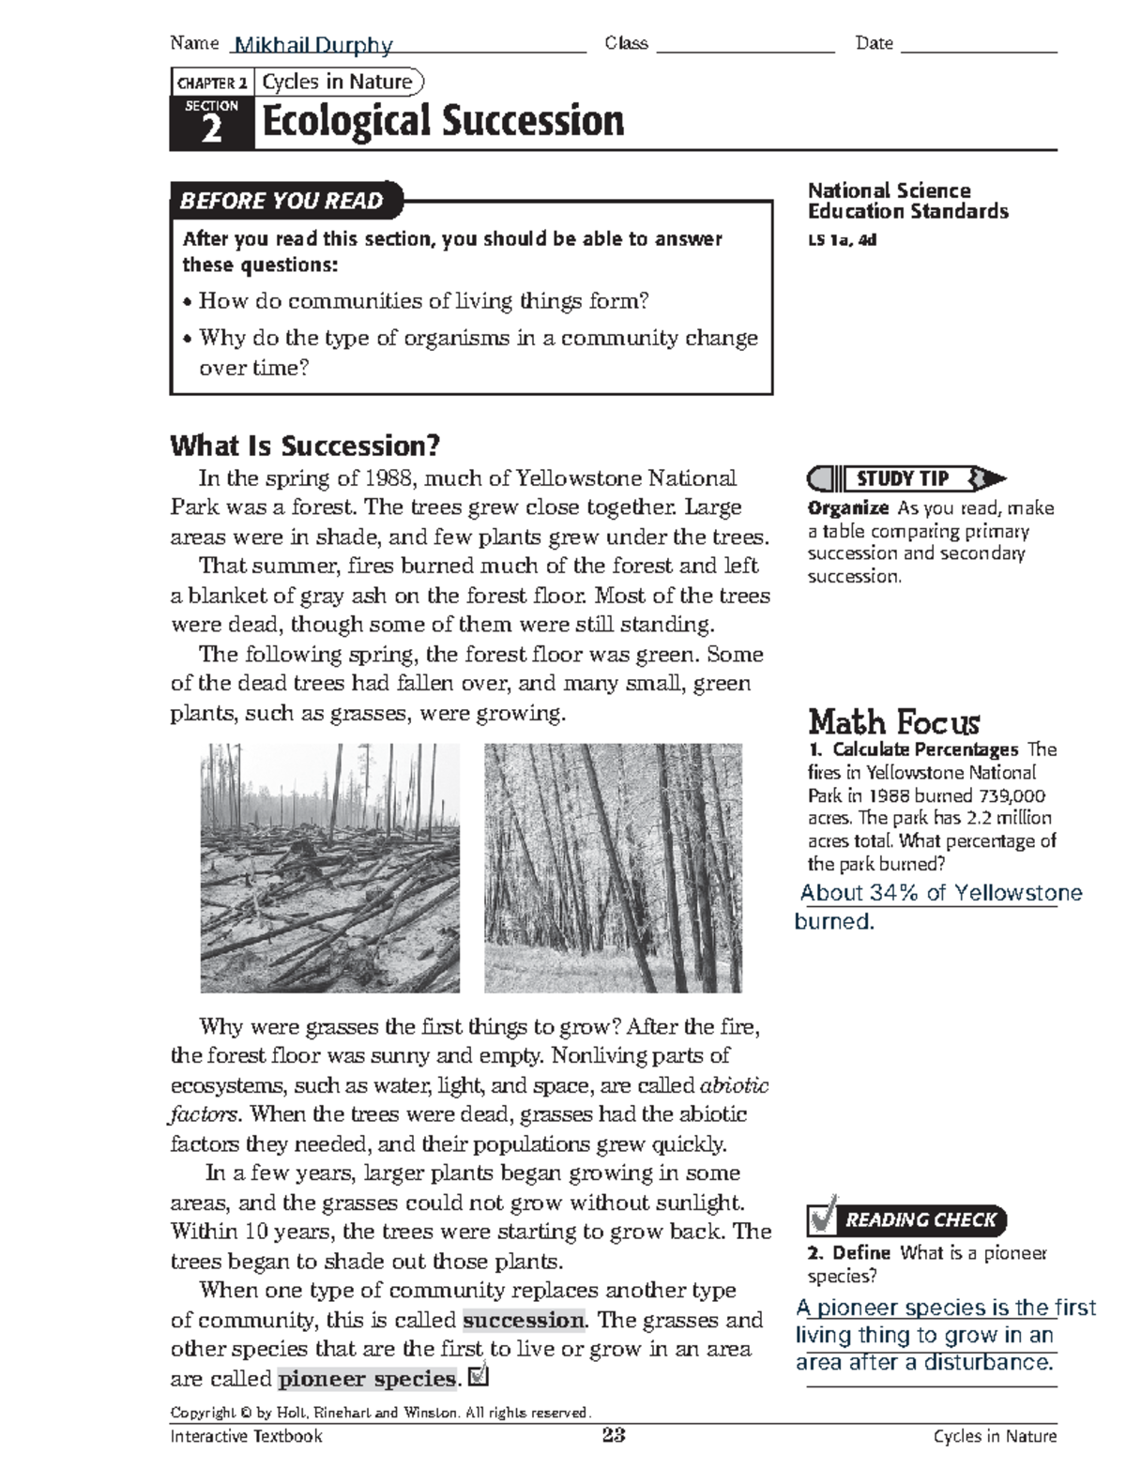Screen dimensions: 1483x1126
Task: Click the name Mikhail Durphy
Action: point(313,45)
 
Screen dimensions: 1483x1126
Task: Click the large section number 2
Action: point(212,130)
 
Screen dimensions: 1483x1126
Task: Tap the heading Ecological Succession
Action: point(443,122)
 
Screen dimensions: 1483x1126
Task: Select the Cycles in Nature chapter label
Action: point(337,83)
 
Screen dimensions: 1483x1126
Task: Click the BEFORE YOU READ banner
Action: point(281,201)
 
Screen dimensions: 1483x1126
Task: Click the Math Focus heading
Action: point(893,722)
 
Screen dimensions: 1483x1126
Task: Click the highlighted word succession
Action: point(524,1320)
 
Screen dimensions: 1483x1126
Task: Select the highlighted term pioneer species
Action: point(367,1379)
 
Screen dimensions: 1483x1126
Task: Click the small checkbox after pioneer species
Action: point(478,1376)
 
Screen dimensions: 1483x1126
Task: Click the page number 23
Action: point(614,1435)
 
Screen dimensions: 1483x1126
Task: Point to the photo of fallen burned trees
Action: point(329,868)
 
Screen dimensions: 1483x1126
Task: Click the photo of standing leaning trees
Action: point(613,868)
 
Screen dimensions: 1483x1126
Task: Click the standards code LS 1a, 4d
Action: point(842,240)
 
